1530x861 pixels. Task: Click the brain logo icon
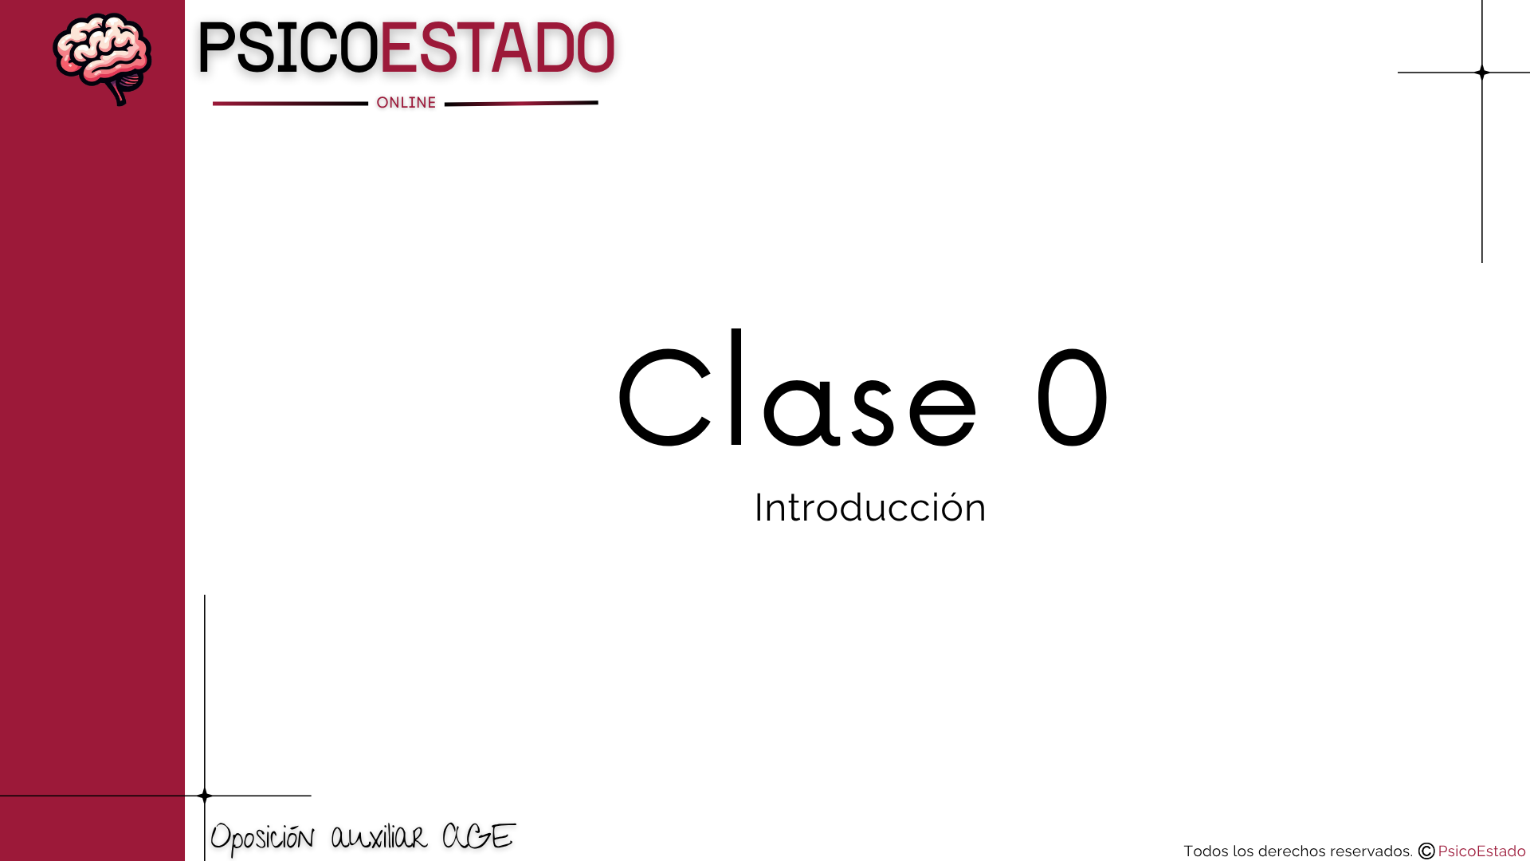102,59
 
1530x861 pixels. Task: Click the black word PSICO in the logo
288,49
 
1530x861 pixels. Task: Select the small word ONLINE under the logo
406,103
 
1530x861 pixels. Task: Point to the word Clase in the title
798,387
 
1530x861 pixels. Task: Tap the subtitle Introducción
870,508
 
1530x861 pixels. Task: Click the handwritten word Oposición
262,838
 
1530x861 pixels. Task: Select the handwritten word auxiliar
379,837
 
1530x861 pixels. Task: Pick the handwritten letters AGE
479,836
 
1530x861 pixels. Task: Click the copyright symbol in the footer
1426,851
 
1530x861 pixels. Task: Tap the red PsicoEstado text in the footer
1481,851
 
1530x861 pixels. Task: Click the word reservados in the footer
1371,851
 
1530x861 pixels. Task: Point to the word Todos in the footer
1206,851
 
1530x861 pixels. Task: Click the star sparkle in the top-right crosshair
1482,73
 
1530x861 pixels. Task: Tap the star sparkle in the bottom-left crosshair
205,796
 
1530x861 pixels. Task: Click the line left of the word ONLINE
290,103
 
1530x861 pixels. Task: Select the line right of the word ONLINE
521,103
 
